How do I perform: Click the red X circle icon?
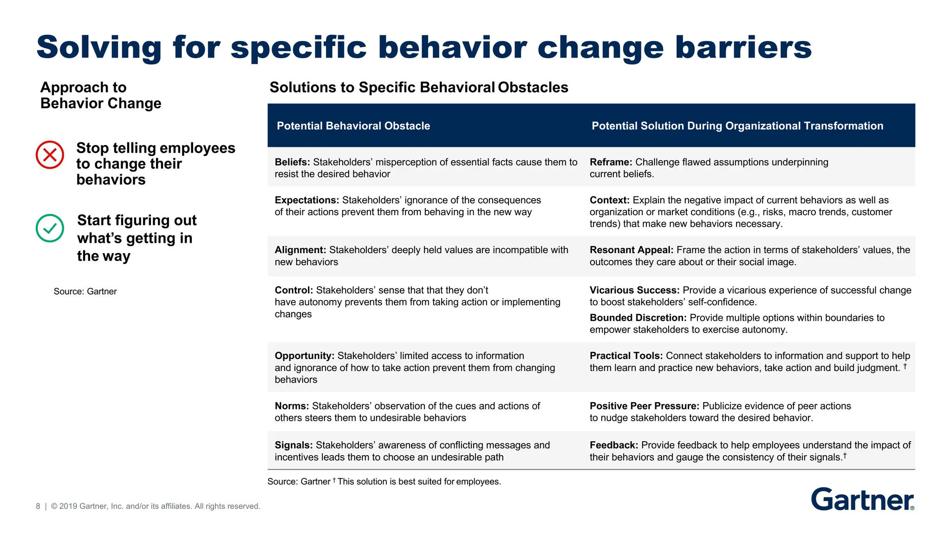(x=50, y=155)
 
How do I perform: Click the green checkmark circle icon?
(x=50, y=228)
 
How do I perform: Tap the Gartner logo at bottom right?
(x=862, y=500)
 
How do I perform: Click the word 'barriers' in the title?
(x=743, y=47)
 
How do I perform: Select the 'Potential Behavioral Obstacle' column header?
(x=353, y=126)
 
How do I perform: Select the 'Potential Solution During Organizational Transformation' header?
(x=737, y=126)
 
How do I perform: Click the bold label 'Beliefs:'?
(x=292, y=162)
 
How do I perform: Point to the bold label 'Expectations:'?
(x=306, y=200)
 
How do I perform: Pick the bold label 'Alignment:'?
(x=300, y=250)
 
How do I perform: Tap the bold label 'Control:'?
(x=293, y=290)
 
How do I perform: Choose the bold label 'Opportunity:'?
(x=304, y=356)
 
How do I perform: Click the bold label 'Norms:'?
(x=292, y=406)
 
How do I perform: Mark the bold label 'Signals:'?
(x=293, y=445)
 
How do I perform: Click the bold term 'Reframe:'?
(x=611, y=162)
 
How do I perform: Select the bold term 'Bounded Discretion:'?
(x=638, y=318)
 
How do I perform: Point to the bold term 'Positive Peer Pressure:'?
(x=644, y=406)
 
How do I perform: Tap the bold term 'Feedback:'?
(x=613, y=445)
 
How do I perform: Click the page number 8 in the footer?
(x=38, y=506)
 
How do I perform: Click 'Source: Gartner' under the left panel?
(x=85, y=291)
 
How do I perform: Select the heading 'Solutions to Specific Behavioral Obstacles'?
(x=418, y=87)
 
